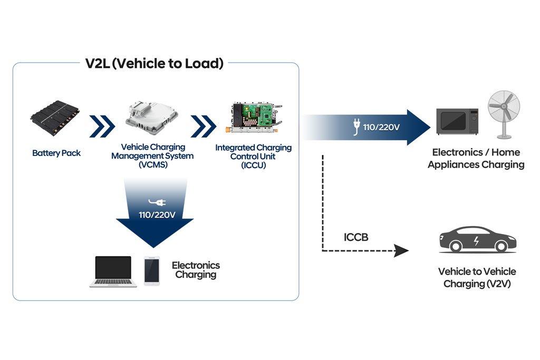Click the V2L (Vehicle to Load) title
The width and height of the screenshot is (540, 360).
[x=155, y=63]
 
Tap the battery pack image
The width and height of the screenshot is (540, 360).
[x=55, y=118]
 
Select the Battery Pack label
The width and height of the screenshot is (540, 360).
[x=56, y=153]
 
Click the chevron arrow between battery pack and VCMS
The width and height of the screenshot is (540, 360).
[x=102, y=127]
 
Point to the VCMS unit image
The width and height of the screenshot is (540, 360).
[x=152, y=117]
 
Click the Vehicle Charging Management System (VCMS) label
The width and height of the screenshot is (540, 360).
[x=152, y=156]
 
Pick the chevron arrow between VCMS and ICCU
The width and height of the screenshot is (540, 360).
[x=203, y=127]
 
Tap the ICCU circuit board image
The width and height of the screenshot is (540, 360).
[x=254, y=118]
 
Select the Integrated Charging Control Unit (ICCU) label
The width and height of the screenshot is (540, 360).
[x=254, y=156]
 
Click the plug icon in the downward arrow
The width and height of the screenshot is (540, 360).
[x=157, y=202]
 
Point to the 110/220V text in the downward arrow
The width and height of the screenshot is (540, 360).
[x=157, y=215]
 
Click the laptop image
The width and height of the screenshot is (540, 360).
[x=113, y=271]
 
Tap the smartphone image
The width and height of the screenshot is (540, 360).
[x=152, y=271]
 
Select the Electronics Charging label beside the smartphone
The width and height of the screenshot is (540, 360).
[x=196, y=270]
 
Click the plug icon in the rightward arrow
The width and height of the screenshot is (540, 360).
[x=356, y=127]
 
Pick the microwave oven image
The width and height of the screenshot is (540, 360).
[x=457, y=121]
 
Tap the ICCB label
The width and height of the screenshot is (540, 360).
[x=356, y=237]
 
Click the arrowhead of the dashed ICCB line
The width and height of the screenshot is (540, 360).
[x=401, y=251]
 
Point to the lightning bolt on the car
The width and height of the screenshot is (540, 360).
[x=476, y=240]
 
